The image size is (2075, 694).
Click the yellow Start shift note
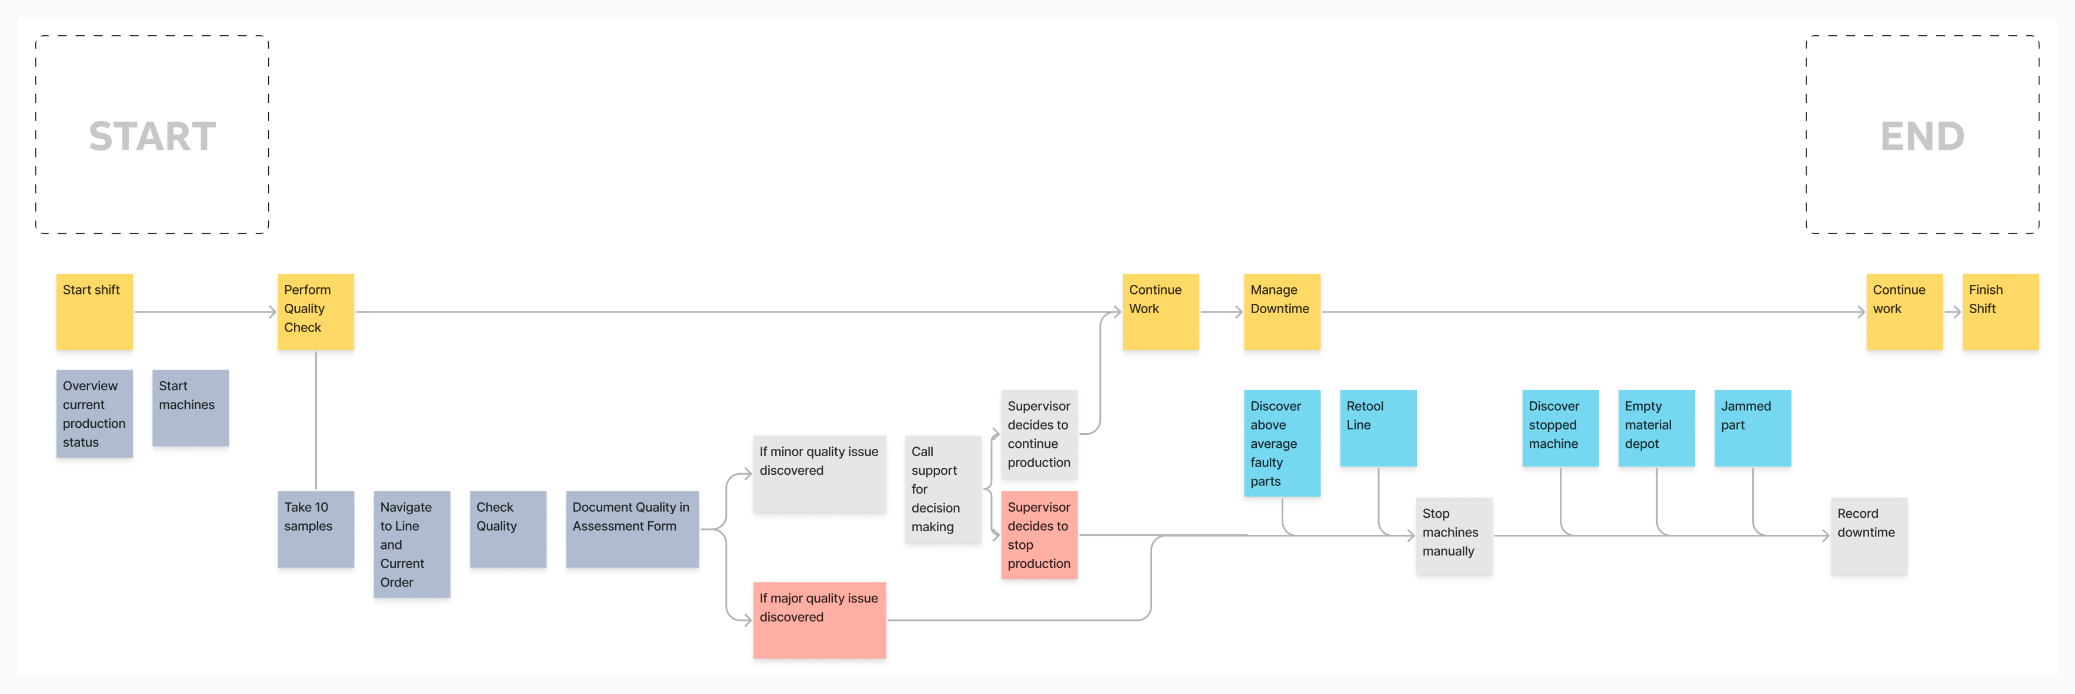94,311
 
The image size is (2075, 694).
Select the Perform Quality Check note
315,311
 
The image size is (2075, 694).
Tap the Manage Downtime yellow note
1281,311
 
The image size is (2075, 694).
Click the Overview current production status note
94,414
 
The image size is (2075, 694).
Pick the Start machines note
190,407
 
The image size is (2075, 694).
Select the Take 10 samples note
315,529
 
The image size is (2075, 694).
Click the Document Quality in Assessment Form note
632,529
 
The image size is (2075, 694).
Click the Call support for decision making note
942,490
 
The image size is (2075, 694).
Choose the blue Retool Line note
1377,428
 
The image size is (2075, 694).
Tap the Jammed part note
1752,428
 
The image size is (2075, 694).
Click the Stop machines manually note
1453,535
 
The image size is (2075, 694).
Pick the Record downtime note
1868,535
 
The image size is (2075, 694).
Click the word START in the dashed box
152,136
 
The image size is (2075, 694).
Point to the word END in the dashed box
1922,136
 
